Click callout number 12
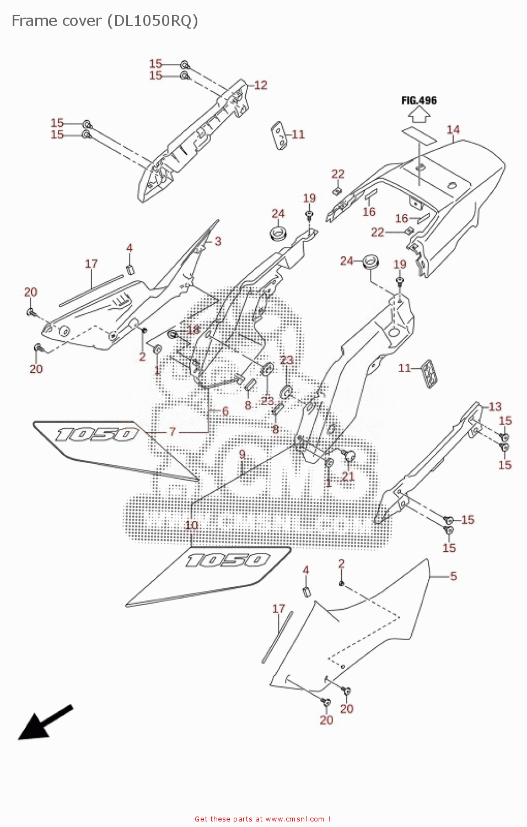(x=261, y=85)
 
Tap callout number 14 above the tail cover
(x=453, y=130)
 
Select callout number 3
(x=218, y=241)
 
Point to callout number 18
(x=193, y=330)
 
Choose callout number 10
(x=191, y=525)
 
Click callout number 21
(x=348, y=476)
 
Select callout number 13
(x=495, y=407)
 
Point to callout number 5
(x=453, y=576)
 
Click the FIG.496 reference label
(x=419, y=100)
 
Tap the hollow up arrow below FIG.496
(x=419, y=114)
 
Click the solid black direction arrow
(x=44, y=722)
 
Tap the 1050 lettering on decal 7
(x=96, y=434)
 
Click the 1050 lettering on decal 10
(x=228, y=560)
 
